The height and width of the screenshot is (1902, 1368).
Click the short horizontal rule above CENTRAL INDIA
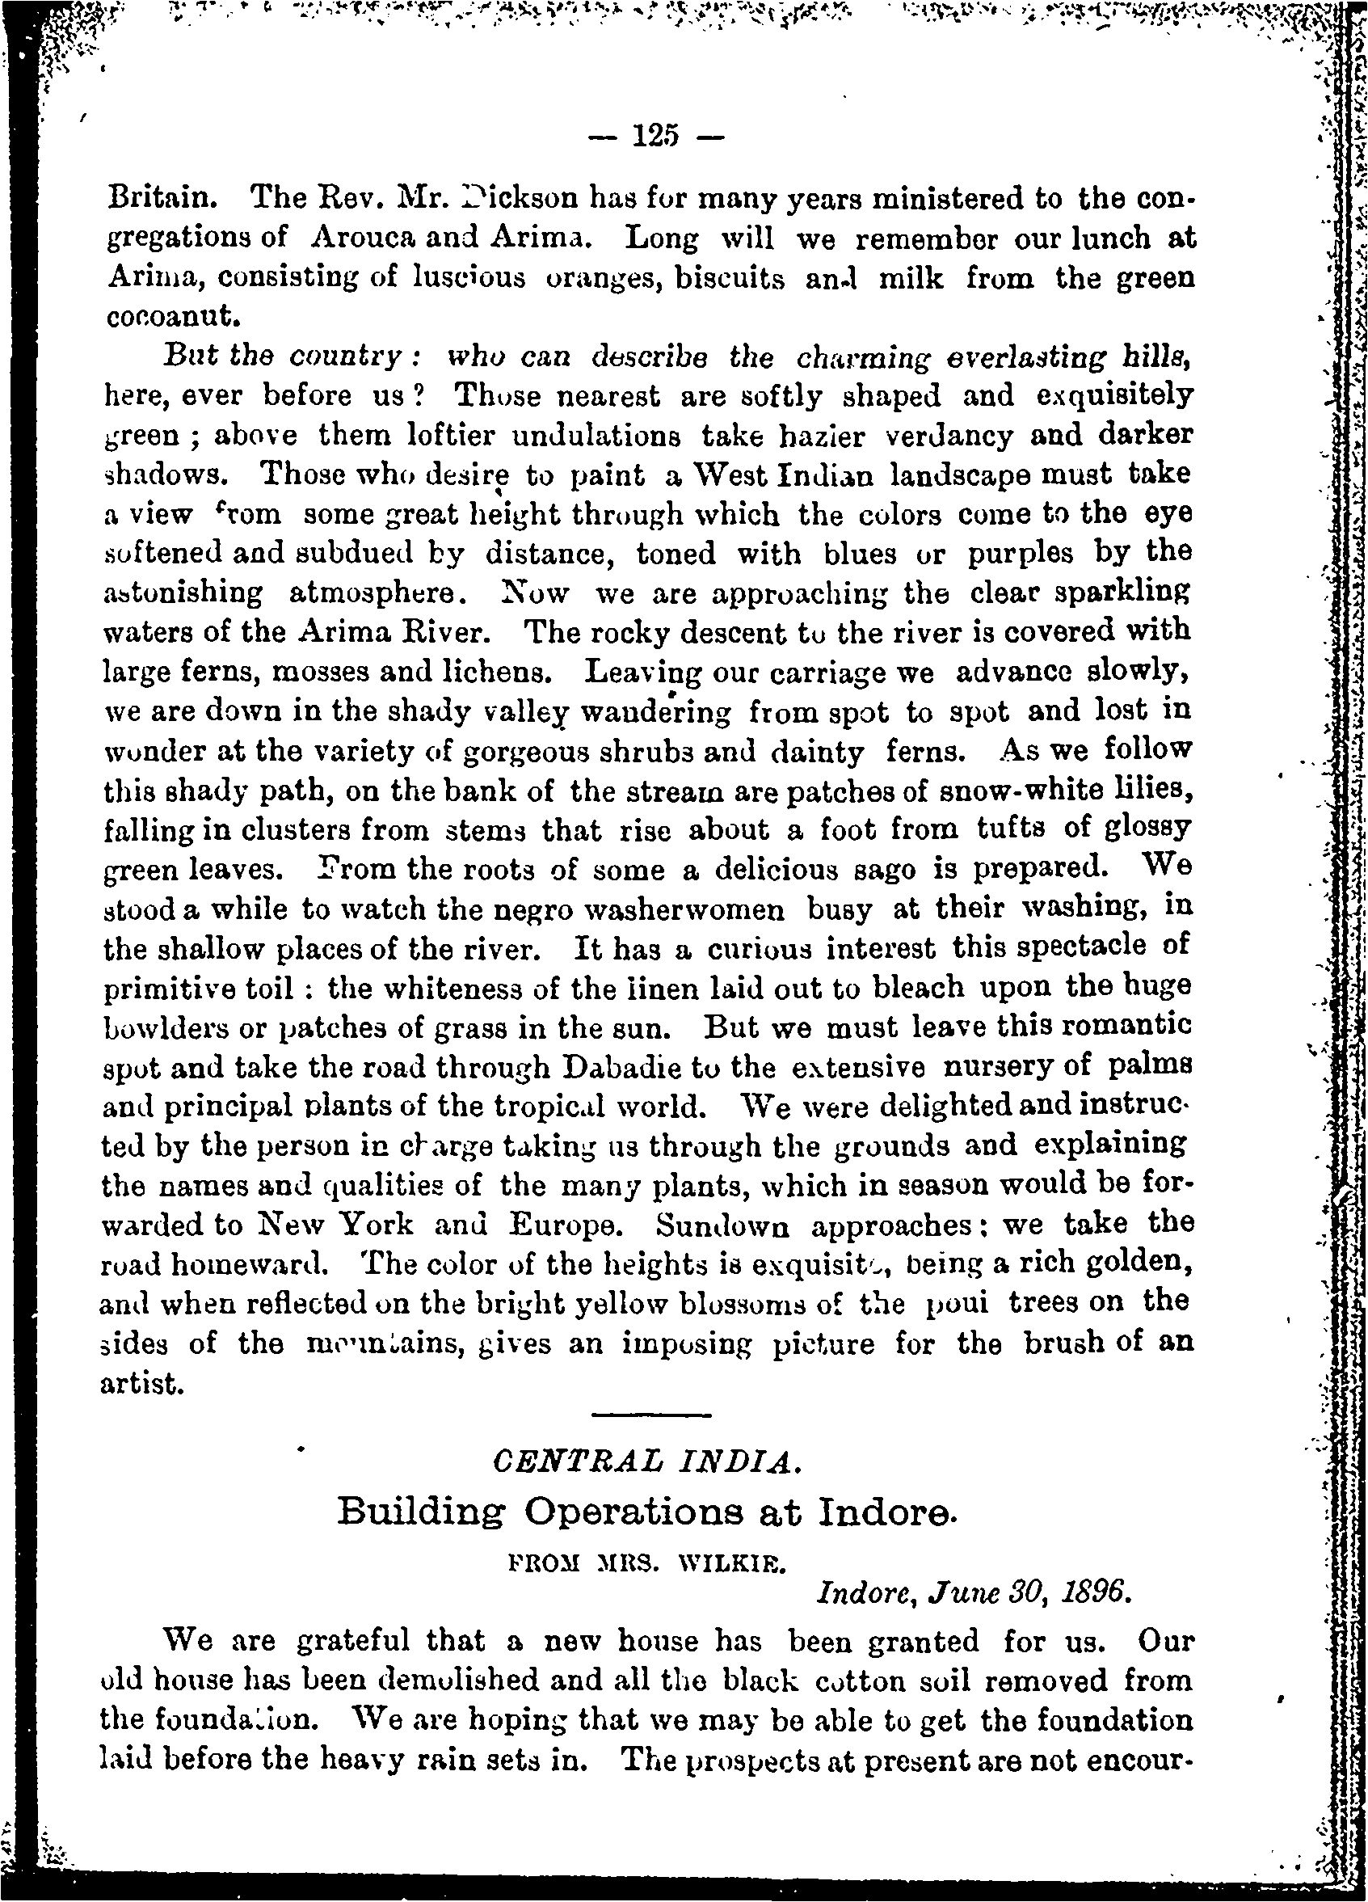pyautogui.click(x=650, y=1417)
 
